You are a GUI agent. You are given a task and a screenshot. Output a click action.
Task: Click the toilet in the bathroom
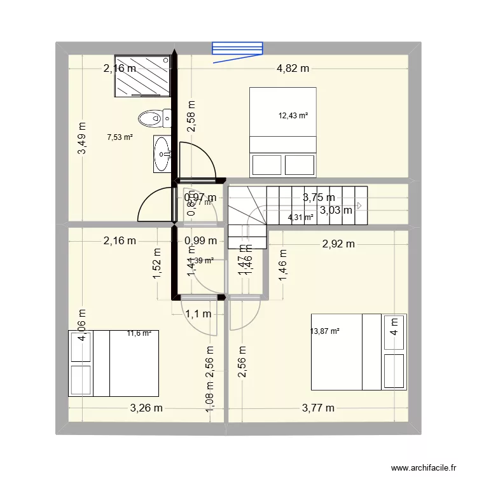click(154, 118)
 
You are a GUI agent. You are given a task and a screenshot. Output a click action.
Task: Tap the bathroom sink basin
click(162, 153)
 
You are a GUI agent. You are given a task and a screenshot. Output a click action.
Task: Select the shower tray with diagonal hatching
click(142, 76)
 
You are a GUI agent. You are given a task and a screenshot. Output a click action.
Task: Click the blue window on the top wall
click(237, 49)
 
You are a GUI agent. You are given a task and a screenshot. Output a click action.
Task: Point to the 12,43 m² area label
click(293, 116)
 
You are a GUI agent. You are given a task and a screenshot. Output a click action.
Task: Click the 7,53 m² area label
click(120, 137)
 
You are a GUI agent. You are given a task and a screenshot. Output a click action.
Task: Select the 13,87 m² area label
click(325, 331)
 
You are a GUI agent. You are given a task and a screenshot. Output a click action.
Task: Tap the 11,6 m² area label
click(139, 333)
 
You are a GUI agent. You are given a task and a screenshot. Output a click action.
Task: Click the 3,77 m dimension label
click(318, 408)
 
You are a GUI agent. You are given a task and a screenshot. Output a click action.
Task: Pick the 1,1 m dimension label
click(198, 313)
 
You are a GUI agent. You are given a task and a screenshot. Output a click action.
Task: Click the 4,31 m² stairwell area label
click(301, 218)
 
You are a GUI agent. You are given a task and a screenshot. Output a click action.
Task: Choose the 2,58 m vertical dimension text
click(190, 116)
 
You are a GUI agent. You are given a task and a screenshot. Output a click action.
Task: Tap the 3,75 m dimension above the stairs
click(319, 198)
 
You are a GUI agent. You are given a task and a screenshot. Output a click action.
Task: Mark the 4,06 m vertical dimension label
click(81, 326)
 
